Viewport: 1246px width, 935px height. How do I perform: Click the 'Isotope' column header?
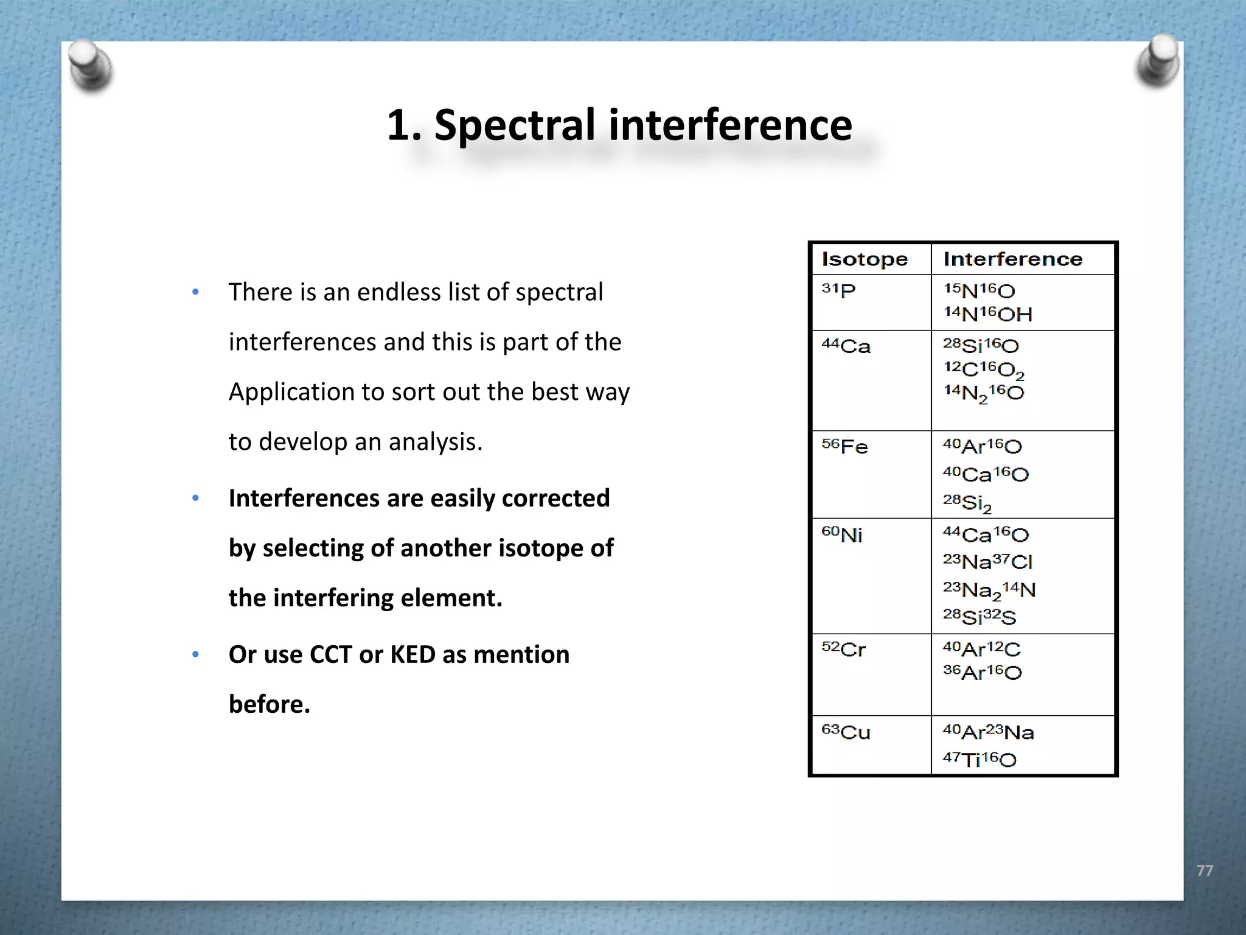point(865,259)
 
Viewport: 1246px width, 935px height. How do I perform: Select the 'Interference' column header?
point(1013,259)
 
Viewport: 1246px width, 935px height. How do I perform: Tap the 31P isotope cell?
point(839,290)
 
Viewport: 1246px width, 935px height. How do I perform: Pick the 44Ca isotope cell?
point(846,346)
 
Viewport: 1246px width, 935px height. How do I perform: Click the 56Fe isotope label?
point(845,446)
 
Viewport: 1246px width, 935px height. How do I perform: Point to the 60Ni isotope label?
point(842,534)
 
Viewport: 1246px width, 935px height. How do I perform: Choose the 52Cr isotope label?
point(844,649)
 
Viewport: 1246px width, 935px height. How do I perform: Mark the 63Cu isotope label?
point(846,732)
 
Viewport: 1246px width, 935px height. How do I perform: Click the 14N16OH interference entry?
point(988,314)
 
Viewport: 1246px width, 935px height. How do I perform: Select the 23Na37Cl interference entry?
point(988,561)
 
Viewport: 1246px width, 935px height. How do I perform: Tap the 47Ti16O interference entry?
point(980,759)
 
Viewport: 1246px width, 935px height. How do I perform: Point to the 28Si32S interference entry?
point(980,617)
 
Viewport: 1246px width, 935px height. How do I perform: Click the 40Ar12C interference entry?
point(982,649)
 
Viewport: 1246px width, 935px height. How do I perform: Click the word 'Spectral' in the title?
point(515,125)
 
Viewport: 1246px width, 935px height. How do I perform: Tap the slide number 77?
point(1205,870)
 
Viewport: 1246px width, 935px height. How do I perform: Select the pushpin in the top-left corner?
point(90,65)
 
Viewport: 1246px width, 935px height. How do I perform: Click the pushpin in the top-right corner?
point(1158,61)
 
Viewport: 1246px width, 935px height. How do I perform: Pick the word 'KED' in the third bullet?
point(412,654)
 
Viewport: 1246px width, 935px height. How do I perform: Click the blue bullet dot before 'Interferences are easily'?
point(196,499)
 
